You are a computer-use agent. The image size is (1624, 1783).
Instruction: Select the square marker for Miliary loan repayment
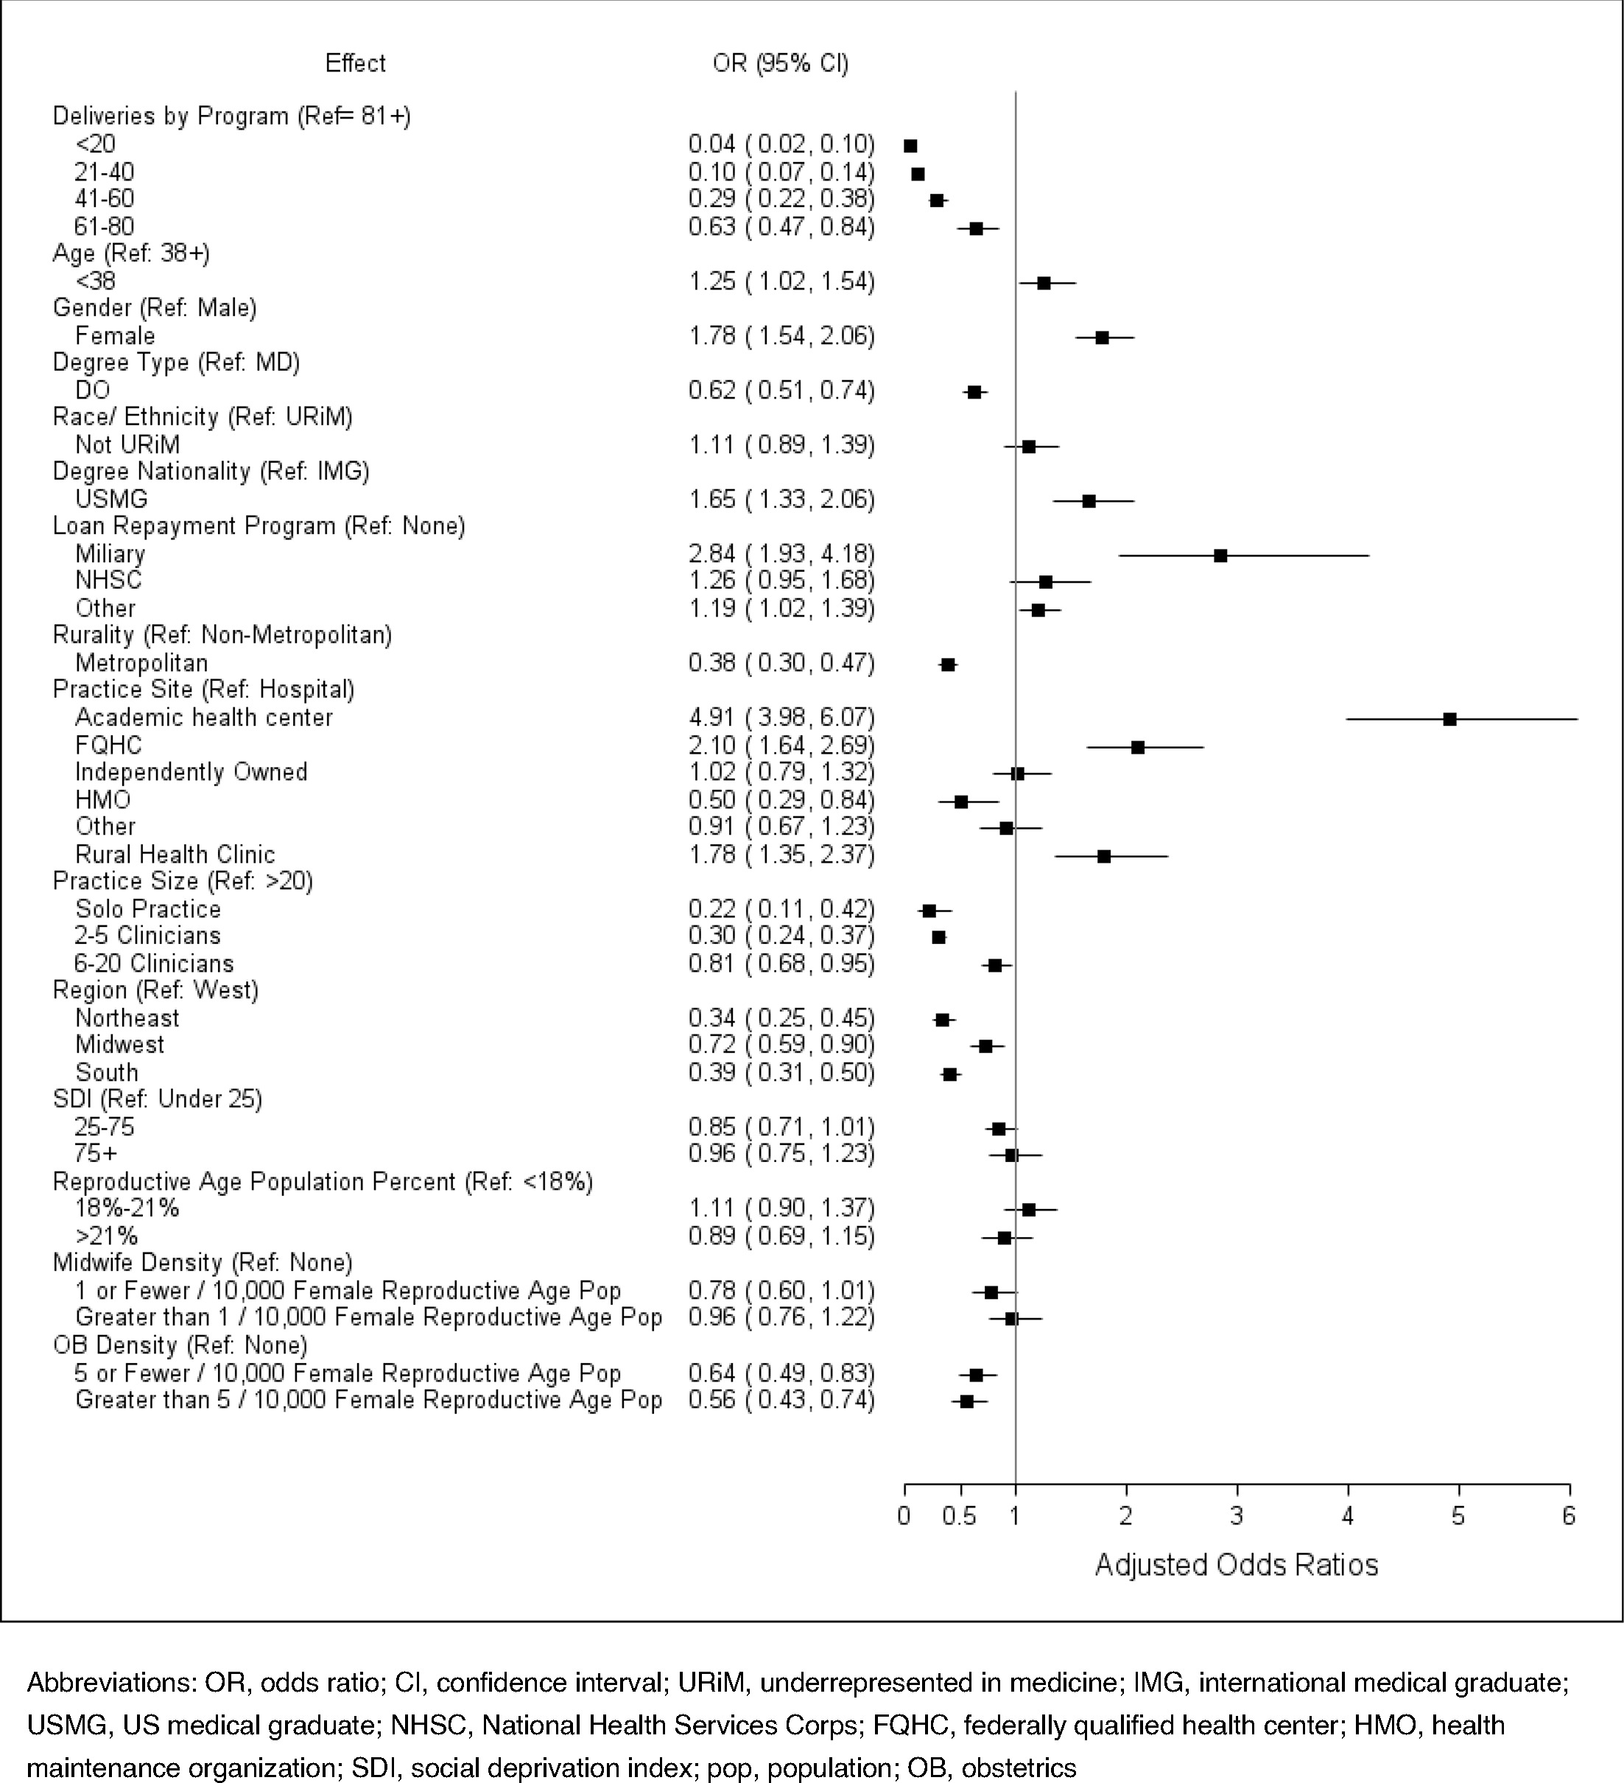point(1220,556)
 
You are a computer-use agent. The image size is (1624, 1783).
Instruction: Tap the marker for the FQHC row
point(1138,747)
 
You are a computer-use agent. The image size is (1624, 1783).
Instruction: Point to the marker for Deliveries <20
point(910,146)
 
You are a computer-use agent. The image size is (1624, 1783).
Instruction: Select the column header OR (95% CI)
point(780,63)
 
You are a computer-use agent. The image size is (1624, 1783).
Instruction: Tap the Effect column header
point(356,63)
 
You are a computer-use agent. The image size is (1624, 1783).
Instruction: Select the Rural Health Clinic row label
point(175,855)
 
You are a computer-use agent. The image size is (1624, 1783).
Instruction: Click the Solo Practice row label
point(147,909)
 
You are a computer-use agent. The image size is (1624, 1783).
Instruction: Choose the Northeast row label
point(127,1018)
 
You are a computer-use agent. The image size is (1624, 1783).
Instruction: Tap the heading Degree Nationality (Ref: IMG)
point(211,472)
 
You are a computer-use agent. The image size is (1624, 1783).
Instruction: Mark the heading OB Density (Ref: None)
point(180,1345)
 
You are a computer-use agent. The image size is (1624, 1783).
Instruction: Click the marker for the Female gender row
point(1102,338)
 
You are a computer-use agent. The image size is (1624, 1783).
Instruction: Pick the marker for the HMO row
point(961,802)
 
